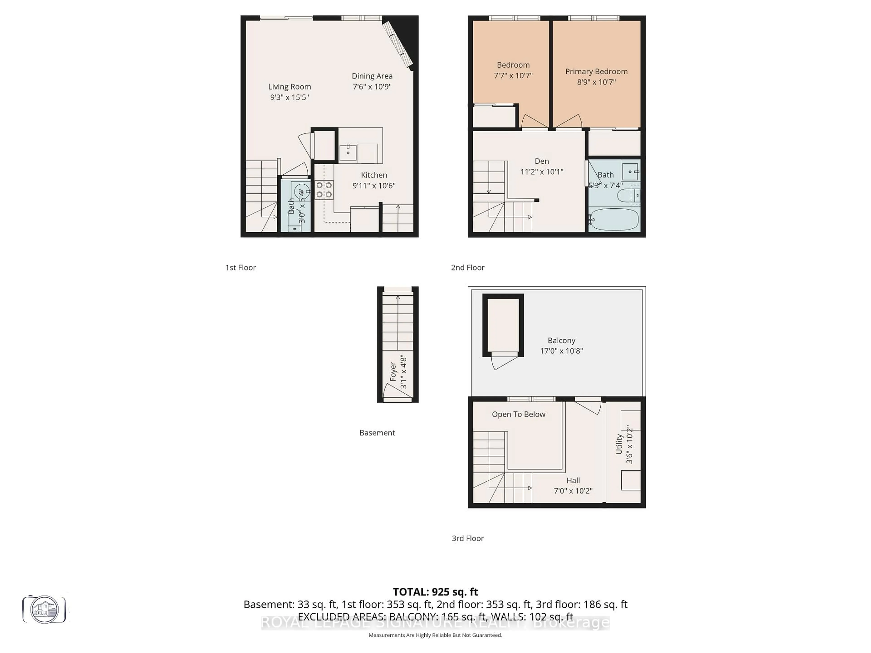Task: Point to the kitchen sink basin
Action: [x=348, y=153]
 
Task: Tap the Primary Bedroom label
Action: [x=596, y=71]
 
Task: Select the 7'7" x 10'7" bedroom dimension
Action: [x=513, y=76]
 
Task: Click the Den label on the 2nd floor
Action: [x=542, y=161]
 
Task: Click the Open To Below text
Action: [x=518, y=414]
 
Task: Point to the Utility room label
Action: [x=619, y=444]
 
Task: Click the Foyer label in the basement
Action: [x=393, y=372]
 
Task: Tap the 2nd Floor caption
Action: [x=467, y=268]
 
